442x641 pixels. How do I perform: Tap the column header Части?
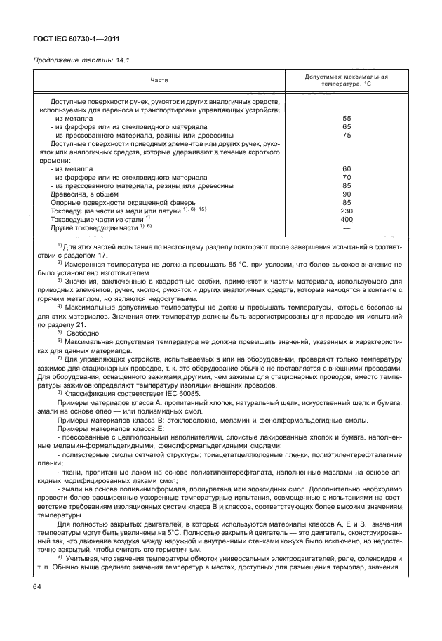168,81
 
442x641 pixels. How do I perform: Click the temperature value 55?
346,119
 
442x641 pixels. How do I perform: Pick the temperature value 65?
346,126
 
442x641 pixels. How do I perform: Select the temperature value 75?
346,135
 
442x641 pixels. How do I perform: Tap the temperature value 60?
346,168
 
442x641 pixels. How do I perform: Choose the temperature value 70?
346,177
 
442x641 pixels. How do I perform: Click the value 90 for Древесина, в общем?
346,194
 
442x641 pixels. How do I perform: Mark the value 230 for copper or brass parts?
346,211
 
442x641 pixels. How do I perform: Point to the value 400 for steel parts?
346,219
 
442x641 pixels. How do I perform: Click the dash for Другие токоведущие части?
346,227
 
